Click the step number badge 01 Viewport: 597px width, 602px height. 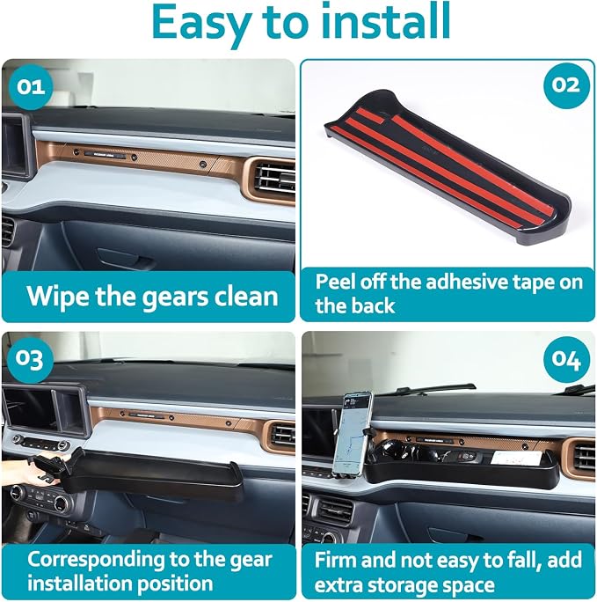coord(31,87)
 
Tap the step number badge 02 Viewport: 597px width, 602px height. coord(566,85)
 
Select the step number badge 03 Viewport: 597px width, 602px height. coord(31,359)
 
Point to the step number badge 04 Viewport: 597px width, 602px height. coord(566,359)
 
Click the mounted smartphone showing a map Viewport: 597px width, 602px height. coord(352,433)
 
